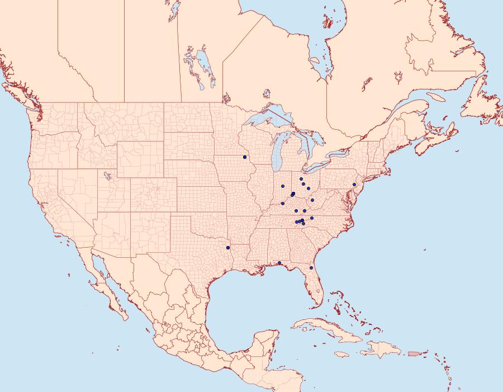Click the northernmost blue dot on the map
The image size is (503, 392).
point(245,157)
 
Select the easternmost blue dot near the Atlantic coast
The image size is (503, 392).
point(354,185)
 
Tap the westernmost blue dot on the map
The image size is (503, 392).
point(228,247)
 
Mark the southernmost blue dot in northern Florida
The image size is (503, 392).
point(311,268)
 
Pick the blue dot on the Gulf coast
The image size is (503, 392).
point(279,263)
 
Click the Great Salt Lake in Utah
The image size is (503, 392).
point(106,176)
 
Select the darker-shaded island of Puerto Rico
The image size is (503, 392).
point(414,353)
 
